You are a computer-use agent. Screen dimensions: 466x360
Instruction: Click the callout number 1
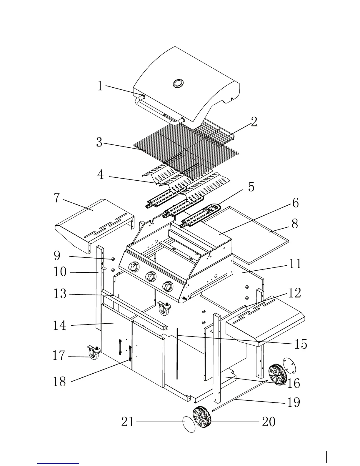(100, 86)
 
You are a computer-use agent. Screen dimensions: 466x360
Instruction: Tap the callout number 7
(57, 198)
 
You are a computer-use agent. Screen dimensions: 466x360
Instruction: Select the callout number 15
(301, 344)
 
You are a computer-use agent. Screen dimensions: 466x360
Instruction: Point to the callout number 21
(128, 422)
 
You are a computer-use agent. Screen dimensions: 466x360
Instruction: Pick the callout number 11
(295, 264)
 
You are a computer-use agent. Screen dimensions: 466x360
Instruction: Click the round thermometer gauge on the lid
(178, 83)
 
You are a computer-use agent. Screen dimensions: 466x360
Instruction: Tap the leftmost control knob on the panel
(134, 267)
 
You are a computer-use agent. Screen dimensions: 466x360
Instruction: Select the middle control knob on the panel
(151, 276)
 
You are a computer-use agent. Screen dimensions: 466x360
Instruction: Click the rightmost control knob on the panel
(168, 286)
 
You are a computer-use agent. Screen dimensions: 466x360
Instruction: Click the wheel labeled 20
(202, 417)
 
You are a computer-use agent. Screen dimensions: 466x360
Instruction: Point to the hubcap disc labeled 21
(189, 424)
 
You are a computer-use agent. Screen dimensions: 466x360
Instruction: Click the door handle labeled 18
(130, 353)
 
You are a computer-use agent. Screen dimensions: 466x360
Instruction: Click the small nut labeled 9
(113, 259)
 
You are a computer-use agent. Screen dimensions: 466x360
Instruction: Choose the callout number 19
(293, 402)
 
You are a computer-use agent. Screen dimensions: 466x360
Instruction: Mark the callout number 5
(251, 187)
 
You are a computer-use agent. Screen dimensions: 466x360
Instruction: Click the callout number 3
(99, 142)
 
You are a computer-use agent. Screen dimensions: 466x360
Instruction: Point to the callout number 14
(59, 325)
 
